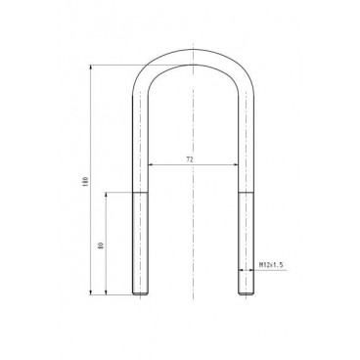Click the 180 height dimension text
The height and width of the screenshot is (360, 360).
pos(87,182)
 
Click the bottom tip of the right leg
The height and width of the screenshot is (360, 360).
pos(246,293)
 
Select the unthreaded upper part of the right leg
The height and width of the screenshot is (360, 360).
pos(246,147)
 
